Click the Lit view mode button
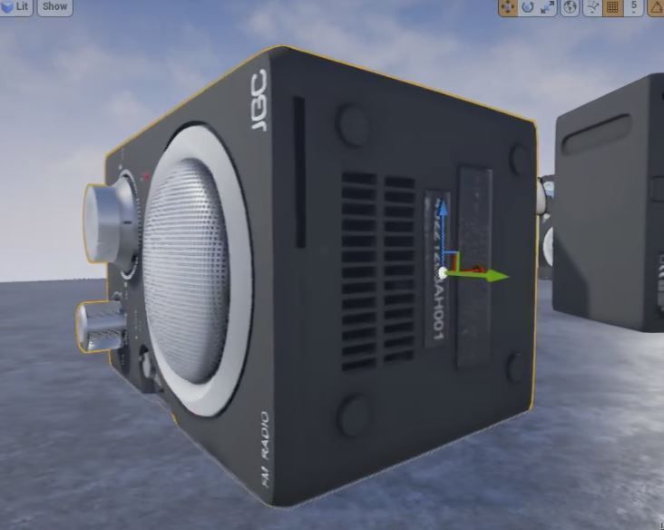point(16,6)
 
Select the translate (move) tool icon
point(507,7)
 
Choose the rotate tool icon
point(527,7)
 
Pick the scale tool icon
point(548,7)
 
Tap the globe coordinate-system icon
point(570,7)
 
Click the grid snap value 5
point(634,7)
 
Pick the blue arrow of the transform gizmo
point(444,214)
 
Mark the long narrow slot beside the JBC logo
point(299,172)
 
